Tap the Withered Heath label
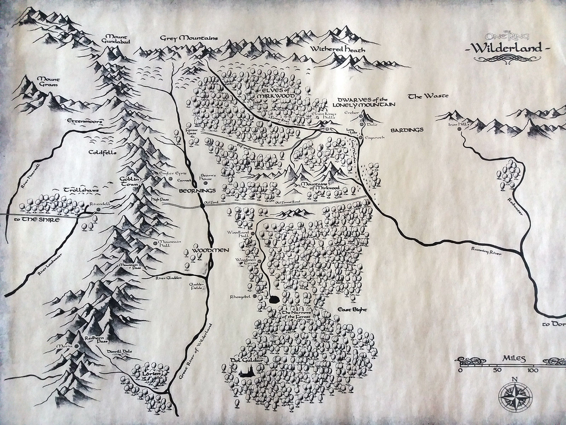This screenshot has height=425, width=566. tap(337, 50)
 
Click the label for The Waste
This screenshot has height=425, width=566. tap(428, 96)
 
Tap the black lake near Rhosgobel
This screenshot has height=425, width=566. tap(273, 300)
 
